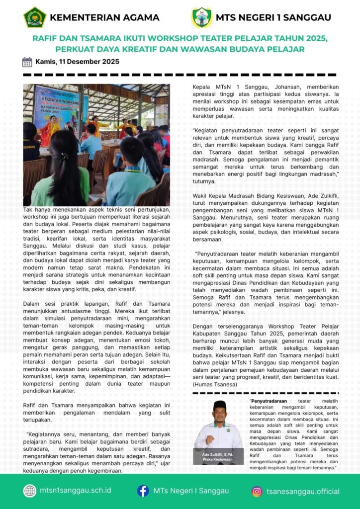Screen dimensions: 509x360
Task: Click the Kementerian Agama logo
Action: pos(35,17)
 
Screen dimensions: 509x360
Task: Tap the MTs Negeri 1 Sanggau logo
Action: pos(202,17)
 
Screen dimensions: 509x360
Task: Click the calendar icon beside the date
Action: pos(27,62)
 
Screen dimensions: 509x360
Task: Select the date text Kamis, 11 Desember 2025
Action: pos(77,62)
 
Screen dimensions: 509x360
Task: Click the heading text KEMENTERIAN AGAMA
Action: pos(105,18)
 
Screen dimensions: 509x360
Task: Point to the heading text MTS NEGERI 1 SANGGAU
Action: pos(273,18)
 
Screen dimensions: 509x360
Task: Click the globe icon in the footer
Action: pos(30,491)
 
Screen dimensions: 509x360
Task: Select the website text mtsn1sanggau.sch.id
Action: pos(76,491)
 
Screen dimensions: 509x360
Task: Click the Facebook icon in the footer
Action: pos(143,491)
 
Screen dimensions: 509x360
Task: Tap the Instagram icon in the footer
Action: pos(257,492)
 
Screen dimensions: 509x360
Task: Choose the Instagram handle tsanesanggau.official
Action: pos(303,492)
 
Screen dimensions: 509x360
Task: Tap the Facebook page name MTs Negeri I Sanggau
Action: pos(189,491)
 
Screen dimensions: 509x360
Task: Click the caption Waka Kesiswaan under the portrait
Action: pos(218,460)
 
